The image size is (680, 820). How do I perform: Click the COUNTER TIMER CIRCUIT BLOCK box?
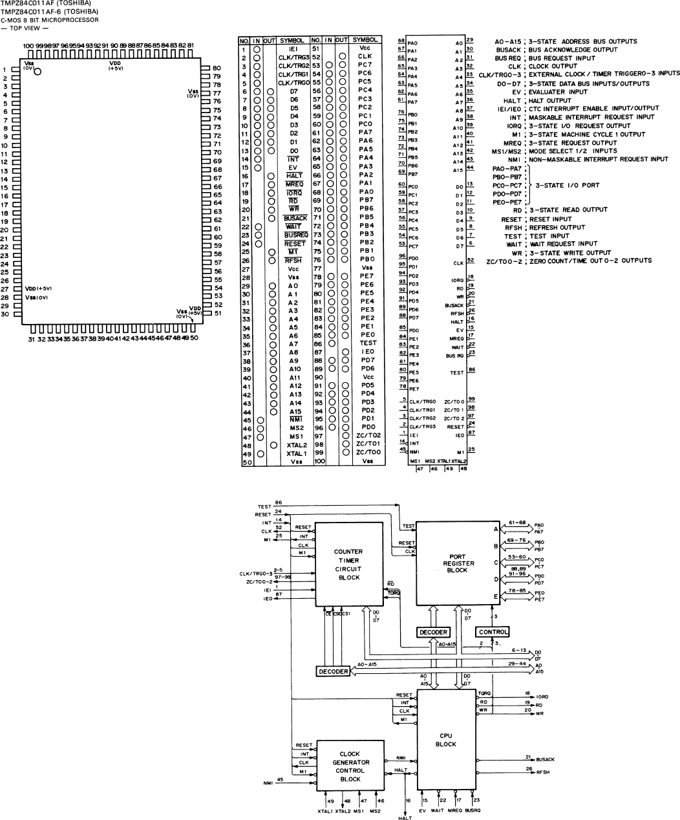[x=348, y=564]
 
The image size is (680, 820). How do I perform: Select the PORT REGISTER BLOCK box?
[x=456, y=562]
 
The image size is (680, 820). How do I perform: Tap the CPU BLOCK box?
[x=446, y=739]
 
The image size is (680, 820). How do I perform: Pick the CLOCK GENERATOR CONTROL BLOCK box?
[x=350, y=766]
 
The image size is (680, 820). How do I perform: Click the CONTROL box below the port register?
[x=493, y=632]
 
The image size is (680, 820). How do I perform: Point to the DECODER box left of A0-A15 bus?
[x=333, y=671]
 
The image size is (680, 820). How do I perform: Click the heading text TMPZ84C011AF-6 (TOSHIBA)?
[x=50, y=12]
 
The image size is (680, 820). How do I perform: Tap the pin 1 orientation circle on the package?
[x=37, y=72]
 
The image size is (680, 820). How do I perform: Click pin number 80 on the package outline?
[x=217, y=68]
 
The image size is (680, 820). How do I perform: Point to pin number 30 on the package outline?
[x=5, y=314]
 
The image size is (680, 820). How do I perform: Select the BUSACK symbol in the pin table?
[x=294, y=219]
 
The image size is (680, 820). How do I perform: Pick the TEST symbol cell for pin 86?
[x=367, y=343]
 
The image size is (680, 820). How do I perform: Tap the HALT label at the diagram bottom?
[x=406, y=817]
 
